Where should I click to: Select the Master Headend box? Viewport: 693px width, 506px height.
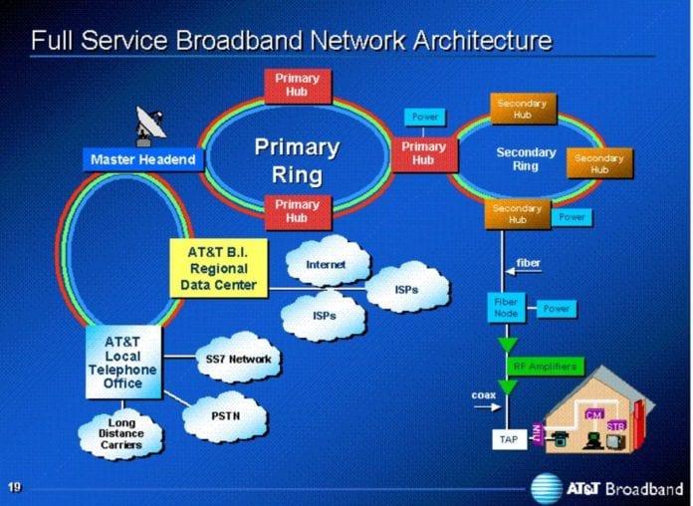(x=142, y=159)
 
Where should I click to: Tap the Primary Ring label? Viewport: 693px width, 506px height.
(x=297, y=160)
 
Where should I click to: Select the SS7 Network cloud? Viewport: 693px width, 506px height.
(x=237, y=359)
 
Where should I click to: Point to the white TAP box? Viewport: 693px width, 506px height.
(x=507, y=438)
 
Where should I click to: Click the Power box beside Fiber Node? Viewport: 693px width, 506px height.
(x=558, y=309)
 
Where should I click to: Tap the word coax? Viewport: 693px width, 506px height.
(x=483, y=395)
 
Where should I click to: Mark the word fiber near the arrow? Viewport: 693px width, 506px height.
(x=529, y=263)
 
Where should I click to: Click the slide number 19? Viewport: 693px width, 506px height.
(x=15, y=487)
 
